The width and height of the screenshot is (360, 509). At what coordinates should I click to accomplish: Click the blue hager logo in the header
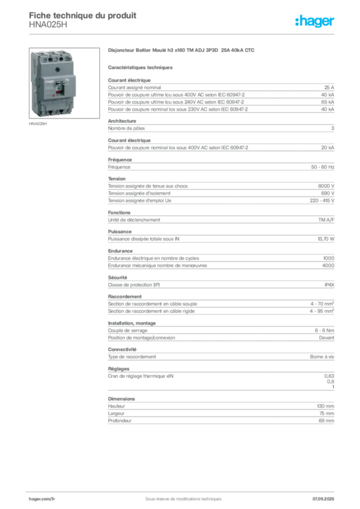315,21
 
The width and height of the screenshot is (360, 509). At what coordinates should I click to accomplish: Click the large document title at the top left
82,15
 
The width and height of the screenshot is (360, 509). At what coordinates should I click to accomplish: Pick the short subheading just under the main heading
141,67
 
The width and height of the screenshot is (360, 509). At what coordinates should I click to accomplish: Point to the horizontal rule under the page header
199,33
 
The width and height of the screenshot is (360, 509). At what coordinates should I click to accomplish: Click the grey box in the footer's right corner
324,497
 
